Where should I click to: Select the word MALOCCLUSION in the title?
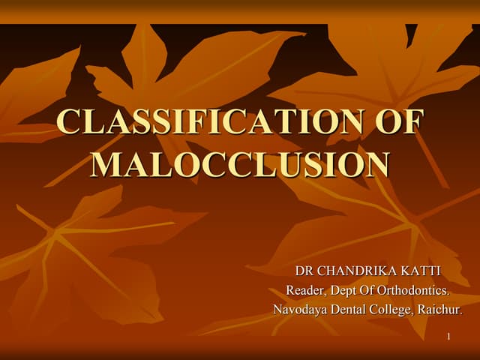[x=240, y=165]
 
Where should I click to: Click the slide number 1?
[x=448, y=337]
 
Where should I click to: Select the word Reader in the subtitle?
[x=304, y=290]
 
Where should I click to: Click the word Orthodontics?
[x=418, y=290]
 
